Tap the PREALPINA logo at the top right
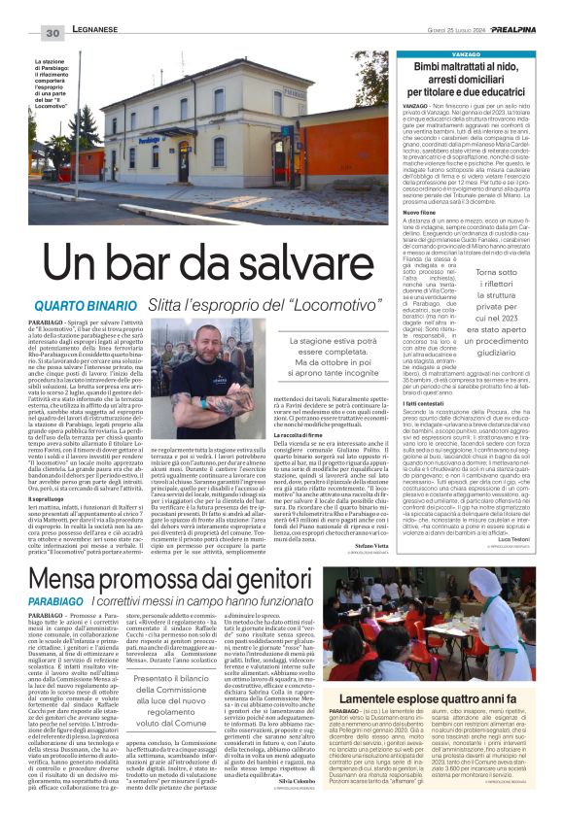click(x=529, y=8)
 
